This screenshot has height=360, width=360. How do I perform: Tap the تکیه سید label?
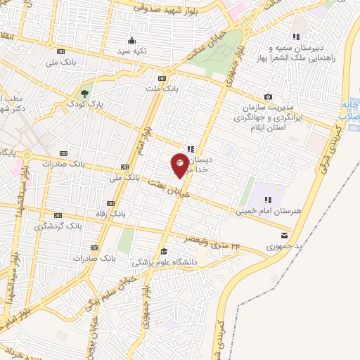[131, 51]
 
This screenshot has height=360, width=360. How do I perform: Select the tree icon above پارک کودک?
[85, 93]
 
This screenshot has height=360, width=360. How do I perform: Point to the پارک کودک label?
[85, 104]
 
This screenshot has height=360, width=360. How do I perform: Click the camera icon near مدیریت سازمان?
[268, 96]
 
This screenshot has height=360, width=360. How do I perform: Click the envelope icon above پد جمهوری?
[283, 234]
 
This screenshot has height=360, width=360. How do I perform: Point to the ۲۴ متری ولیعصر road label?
[211, 243]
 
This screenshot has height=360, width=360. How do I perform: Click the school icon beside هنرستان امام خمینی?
[307, 203]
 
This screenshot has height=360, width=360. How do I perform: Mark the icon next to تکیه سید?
[131, 40]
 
